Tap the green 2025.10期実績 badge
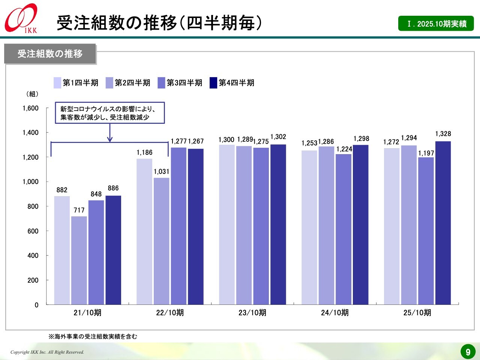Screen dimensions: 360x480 (x=436, y=24)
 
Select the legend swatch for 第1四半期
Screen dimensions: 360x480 (x=57, y=82)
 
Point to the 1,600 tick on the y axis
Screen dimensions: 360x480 (x=31, y=108)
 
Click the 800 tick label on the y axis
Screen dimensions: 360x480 (x=33, y=206)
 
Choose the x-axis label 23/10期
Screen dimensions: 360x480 (x=252, y=313)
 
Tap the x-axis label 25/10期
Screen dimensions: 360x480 (x=417, y=313)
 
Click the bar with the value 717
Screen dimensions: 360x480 (x=79, y=260)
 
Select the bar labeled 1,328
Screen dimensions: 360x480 (x=443, y=223)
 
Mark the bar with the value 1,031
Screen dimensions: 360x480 (x=162, y=241)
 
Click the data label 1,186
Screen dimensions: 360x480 (x=144, y=152)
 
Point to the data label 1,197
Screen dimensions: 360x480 (x=426, y=153)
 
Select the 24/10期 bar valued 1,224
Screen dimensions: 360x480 (x=343, y=229)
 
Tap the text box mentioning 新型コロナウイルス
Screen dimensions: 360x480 (x=110, y=113)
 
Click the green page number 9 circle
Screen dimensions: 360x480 (x=468, y=352)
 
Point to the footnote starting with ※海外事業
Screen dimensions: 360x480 (x=93, y=336)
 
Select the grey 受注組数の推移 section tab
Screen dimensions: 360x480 (x=50, y=54)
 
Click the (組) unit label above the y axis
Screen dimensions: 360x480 (x=32, y=94)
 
